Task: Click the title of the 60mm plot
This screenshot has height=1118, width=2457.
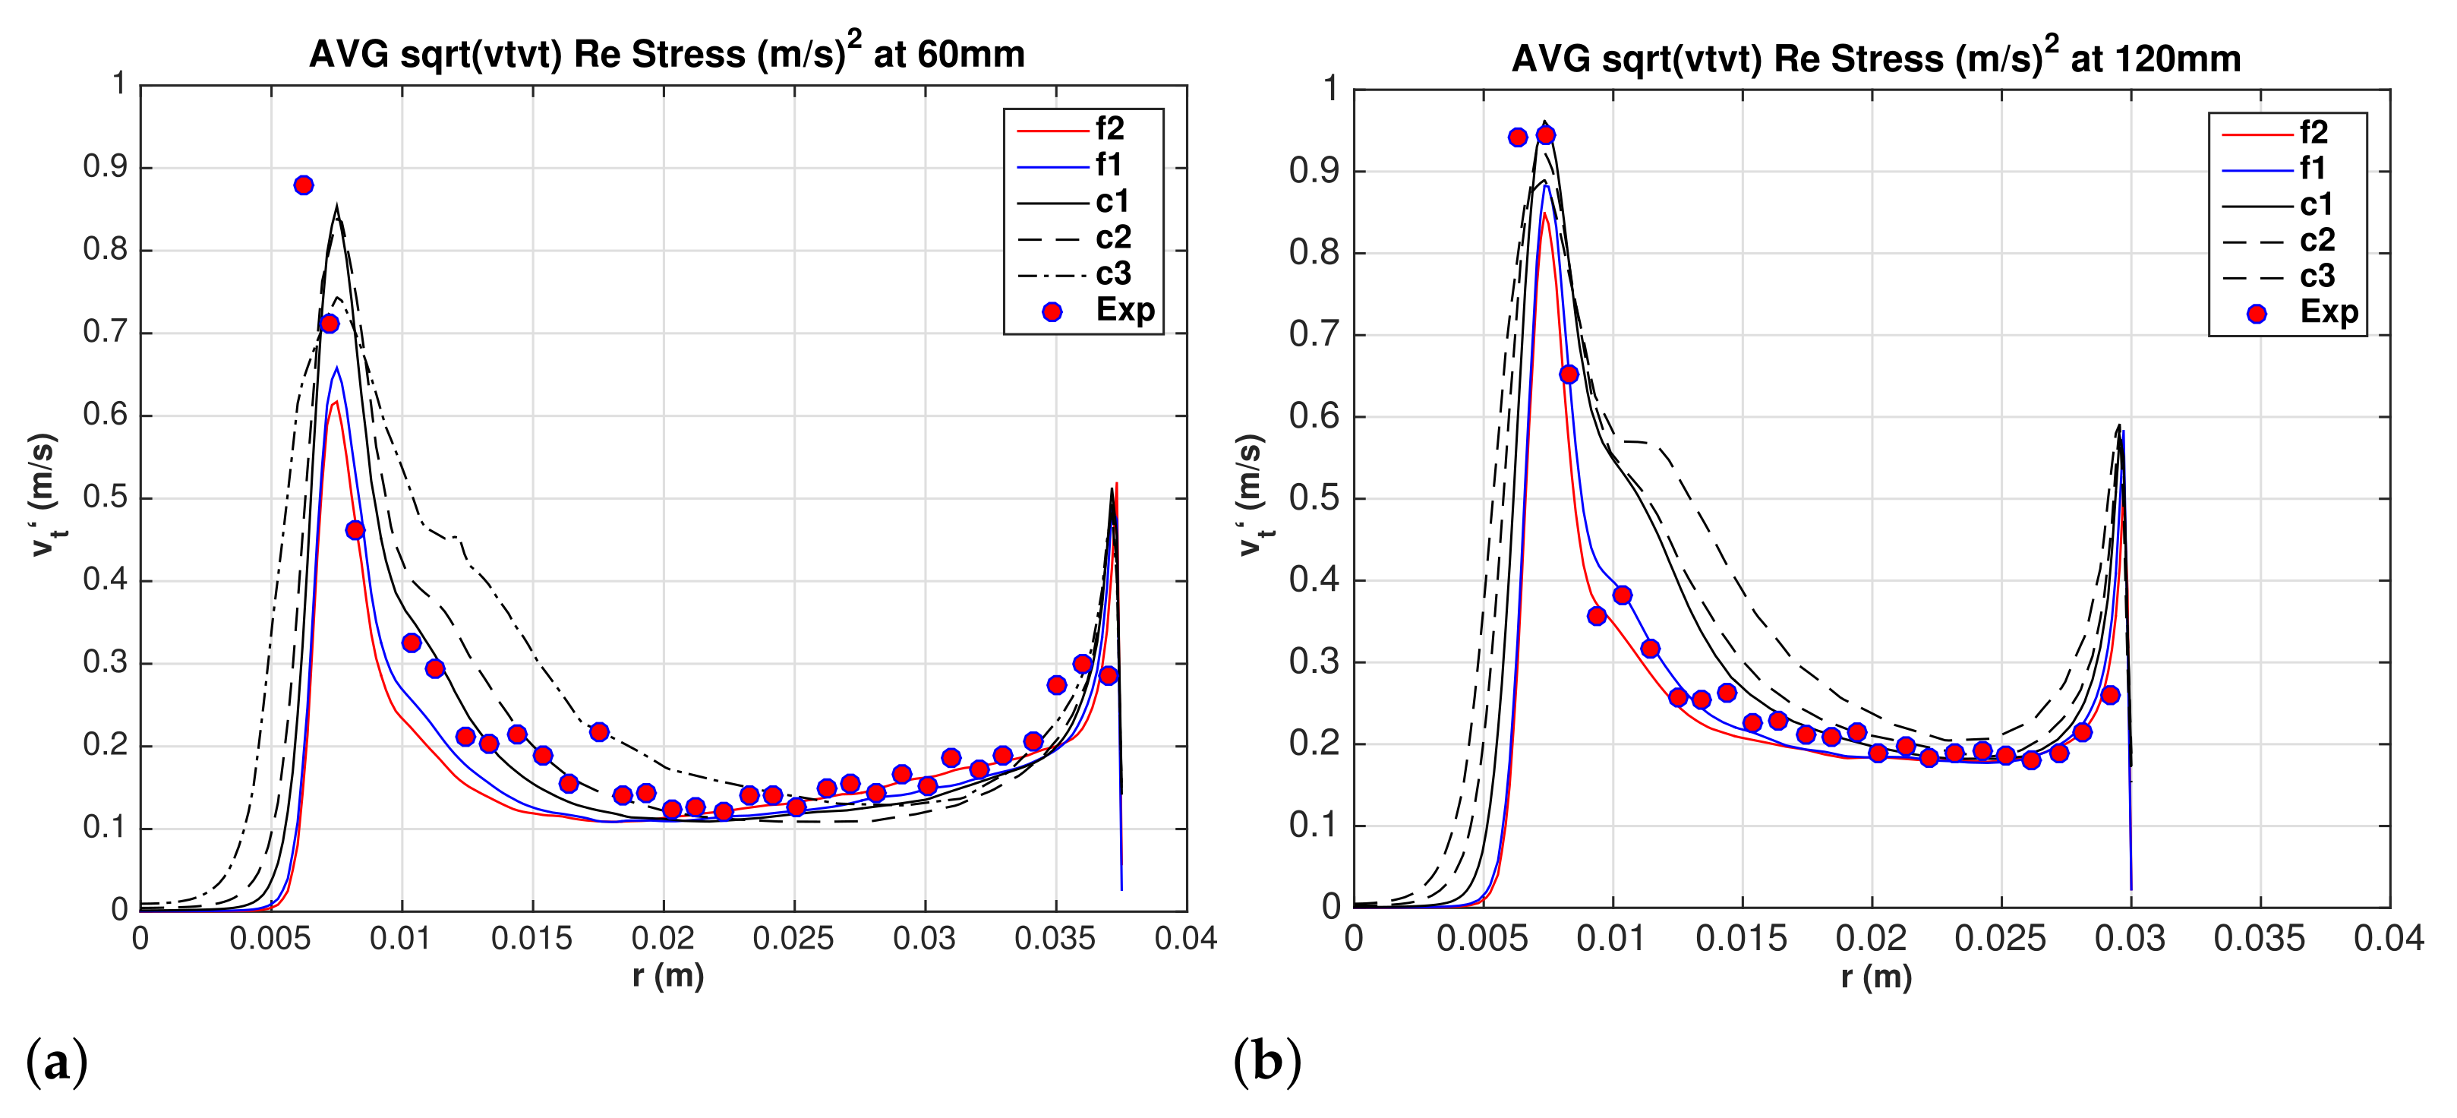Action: [x=666, y=55]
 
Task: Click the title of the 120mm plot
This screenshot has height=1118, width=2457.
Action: [x=1875, y=58]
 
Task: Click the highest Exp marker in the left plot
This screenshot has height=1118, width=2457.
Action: [x=303, y=185]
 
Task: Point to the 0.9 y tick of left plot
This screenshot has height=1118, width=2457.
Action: [x=105, y=167]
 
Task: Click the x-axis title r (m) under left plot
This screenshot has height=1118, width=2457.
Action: [x=667, y=975]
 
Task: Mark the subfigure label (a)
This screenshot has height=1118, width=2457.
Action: [x=56, y=1061]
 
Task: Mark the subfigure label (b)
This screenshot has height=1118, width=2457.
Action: [x=1266, y=1061]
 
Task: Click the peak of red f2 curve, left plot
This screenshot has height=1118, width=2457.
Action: [x=335, y=402]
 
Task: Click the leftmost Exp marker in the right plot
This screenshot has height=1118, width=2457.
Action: [x=1518, y=137]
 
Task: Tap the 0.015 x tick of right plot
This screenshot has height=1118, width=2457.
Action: [x=1742, y=939]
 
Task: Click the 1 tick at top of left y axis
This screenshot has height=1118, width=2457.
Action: [x=119, y=84]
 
